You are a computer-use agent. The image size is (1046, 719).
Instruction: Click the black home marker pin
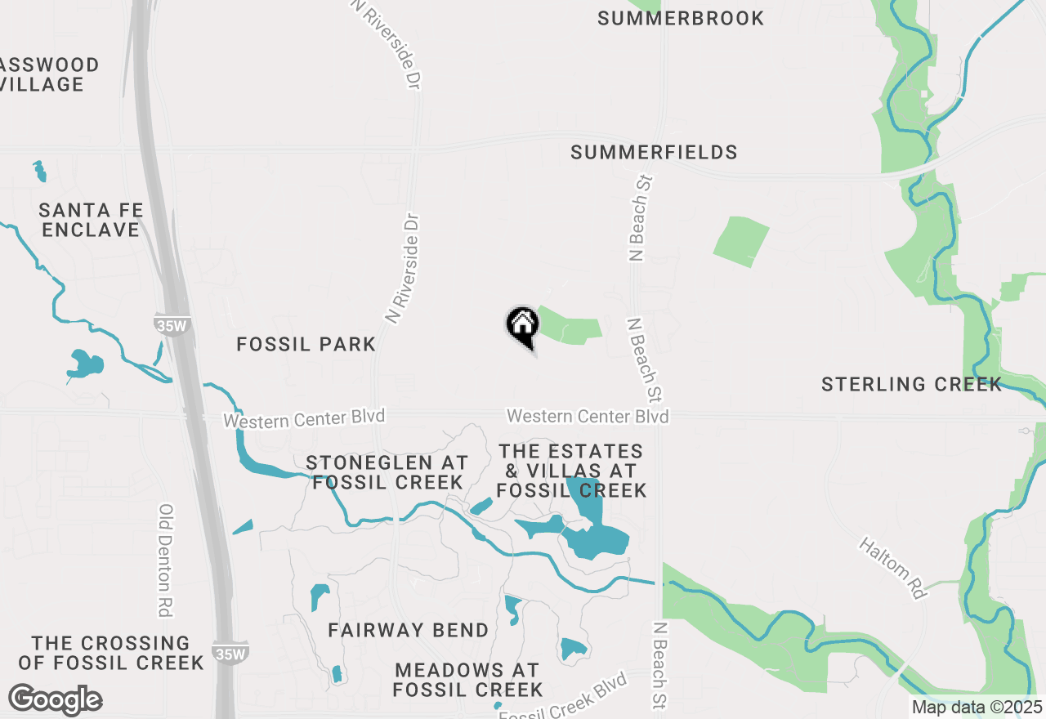(523, 325)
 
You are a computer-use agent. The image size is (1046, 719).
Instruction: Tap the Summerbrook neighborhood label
(681, 18)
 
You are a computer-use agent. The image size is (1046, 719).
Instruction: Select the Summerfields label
(654, 152)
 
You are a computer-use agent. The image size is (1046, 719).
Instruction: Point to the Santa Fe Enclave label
(92, 220)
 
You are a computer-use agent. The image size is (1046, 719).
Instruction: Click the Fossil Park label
(306, 345)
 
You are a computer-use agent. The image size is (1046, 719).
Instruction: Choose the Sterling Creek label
(911, 384)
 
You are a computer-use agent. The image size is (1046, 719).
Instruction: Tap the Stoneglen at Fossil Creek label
(387, 472)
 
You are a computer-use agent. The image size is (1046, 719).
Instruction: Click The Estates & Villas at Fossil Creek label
(571, 471)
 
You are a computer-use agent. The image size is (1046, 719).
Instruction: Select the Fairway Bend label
(408, 630)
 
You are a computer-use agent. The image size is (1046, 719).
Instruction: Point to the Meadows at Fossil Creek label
(467, 680)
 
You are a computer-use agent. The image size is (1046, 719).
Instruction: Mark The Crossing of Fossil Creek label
(110, 652)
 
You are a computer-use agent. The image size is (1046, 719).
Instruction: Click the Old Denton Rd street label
(167, 560)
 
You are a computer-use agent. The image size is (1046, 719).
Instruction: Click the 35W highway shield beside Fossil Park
(172, 325)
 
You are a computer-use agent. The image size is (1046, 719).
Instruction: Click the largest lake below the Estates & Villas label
(595, 535)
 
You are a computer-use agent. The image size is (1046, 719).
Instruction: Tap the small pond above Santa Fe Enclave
(39, 171)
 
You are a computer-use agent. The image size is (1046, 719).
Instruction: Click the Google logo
(55, 699)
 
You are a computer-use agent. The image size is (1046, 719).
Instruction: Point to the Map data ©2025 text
(977, 708)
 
